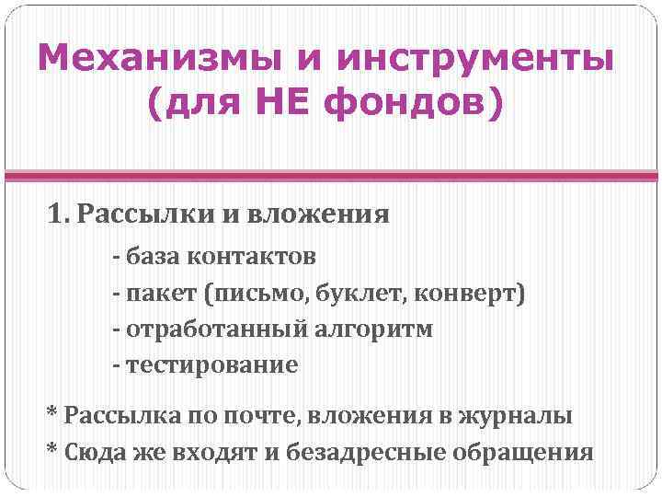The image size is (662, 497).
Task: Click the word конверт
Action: [468, 294]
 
